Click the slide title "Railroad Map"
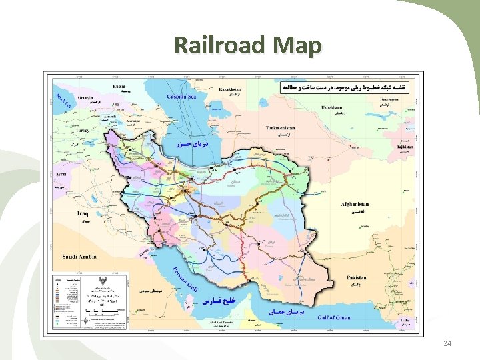(248, 45)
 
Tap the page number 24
(447, 343)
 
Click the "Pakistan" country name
(357, 277)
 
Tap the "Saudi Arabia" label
(79, 256)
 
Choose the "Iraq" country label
(81, 213)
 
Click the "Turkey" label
(82, 130)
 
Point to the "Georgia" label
(85, 97)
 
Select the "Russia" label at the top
(119, 86)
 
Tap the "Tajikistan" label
(405, 146)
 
